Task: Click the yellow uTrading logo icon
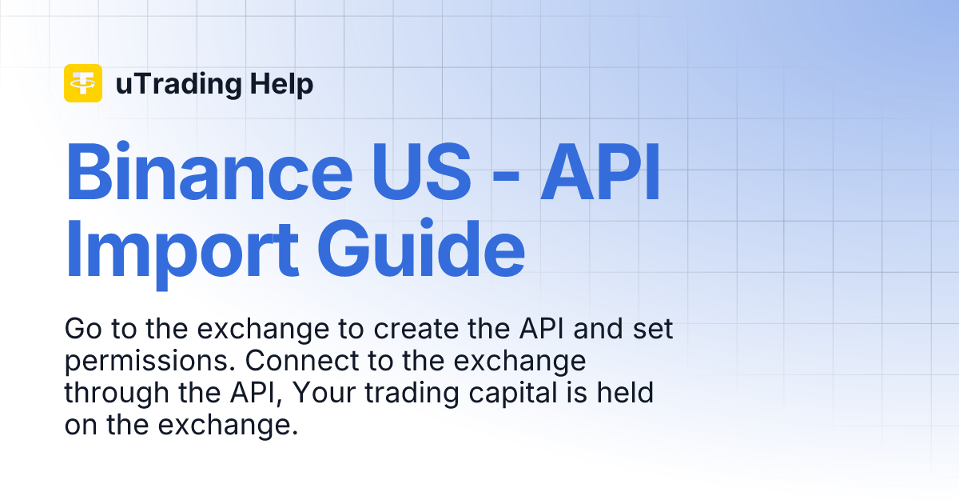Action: [82, 83]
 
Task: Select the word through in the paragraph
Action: [109, 394]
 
